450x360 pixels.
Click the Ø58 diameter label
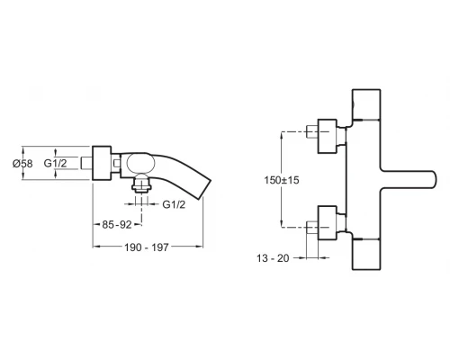tap(22, 164)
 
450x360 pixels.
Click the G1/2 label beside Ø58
tap(56, 163)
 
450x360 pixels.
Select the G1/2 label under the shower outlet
tap(174, 204)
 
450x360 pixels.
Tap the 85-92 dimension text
tap(117, 224)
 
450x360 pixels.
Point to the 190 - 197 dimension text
tap(147, 247)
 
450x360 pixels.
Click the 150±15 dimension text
tap(282, 180)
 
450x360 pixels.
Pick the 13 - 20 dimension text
tap(273, 258)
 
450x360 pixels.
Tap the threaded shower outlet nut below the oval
tap(141, 184)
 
